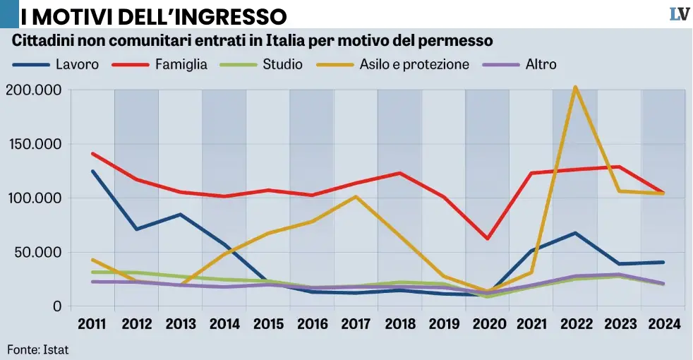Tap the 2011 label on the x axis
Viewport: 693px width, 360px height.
pos(92,324)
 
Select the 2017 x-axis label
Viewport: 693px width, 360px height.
pos(356,324)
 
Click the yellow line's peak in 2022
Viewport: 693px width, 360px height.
pos(575,88)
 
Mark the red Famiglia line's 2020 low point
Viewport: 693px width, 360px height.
pos(487,239)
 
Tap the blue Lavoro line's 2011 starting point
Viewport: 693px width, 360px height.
pos(92,171)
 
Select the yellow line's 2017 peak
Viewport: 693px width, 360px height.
pos(356,196)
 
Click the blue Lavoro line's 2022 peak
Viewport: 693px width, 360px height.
pos(575,233)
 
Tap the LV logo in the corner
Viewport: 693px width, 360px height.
pos(679,13)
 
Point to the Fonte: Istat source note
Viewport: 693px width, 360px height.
pos(38,349)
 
